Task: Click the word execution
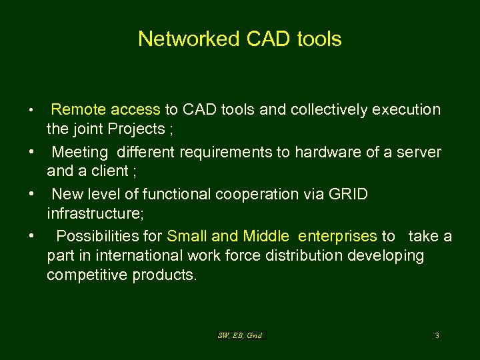tap(407, 109)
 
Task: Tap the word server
tap(420, 152)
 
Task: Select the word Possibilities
tap(110, 237)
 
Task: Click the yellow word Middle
tap(266, 237)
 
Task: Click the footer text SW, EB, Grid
tap(241, 335)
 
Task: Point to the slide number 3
tap(437, 335)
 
